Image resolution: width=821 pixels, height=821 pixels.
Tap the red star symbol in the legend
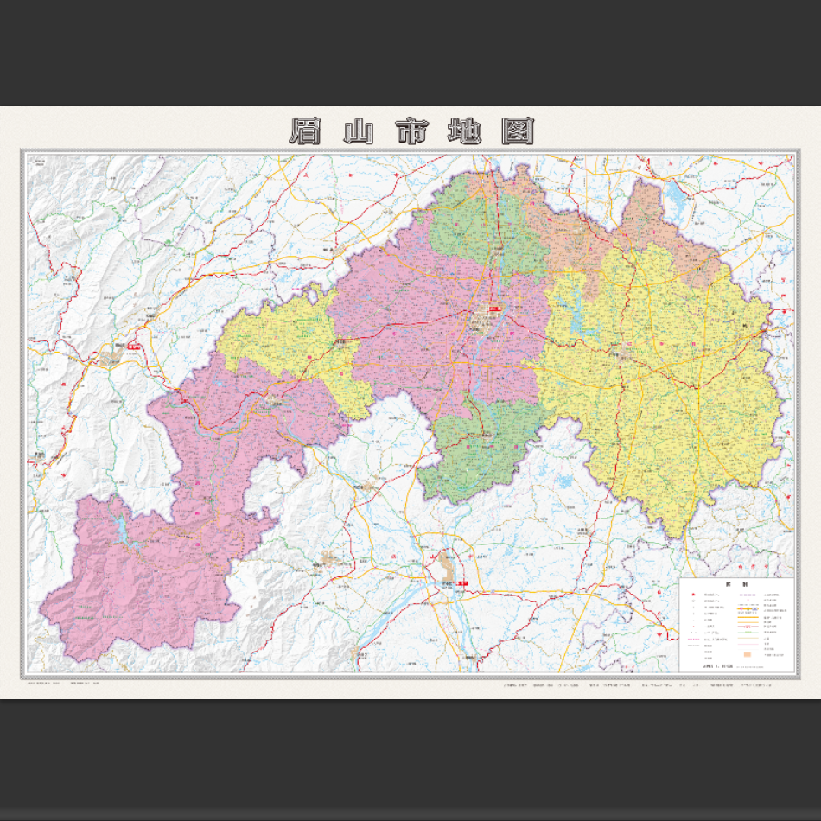point(691,595)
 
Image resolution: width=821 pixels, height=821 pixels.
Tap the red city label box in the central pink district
point(494,309)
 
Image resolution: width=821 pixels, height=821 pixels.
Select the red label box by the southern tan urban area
point(463,584)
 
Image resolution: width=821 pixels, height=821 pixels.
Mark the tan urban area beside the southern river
point(446,568)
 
